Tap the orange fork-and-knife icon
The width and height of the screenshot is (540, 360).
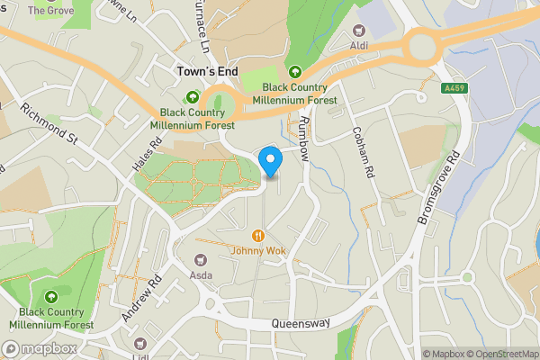258,235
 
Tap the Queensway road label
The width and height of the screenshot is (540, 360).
302,323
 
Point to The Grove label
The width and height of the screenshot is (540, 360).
50,11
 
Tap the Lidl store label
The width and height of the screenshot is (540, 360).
139,356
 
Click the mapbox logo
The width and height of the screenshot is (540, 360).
39,348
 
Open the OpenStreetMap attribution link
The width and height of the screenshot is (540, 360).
500,354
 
